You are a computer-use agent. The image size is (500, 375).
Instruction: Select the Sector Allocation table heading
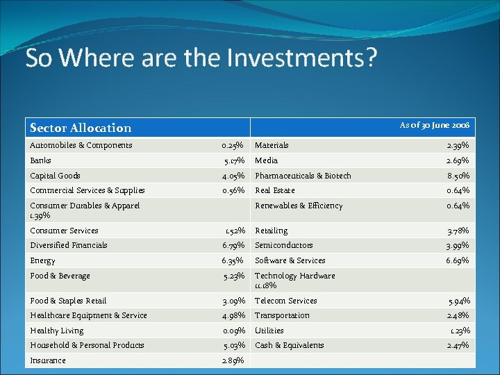tap(81, 128)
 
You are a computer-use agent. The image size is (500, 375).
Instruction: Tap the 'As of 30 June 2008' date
tap(434, 125)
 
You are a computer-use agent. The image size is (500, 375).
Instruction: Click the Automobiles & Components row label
tap(81, 145)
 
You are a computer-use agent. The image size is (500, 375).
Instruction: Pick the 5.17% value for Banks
tap(233, 161)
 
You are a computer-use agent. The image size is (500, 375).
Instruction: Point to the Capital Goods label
tap(56, 176)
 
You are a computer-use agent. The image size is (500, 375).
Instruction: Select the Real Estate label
tap(275, 190)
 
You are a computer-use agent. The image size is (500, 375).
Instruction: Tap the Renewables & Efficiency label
tap(299, 206)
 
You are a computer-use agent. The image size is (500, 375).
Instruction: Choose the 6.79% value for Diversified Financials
tap(233, 245)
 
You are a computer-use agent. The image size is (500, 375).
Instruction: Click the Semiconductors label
tap(284, 245)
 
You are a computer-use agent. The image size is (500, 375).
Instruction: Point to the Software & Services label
tap(290, 260)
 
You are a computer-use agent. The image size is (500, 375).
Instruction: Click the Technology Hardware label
tap(295, 276)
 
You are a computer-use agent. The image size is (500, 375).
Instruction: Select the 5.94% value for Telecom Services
tap(459, 301)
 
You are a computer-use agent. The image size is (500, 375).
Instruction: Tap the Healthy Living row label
tap(57, 331)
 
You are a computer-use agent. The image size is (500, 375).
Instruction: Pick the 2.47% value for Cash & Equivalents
tap(458, 345)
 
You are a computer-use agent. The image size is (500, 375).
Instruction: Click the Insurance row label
tap(48, 360)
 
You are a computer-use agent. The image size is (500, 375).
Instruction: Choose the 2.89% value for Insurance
tap(233, 361)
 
